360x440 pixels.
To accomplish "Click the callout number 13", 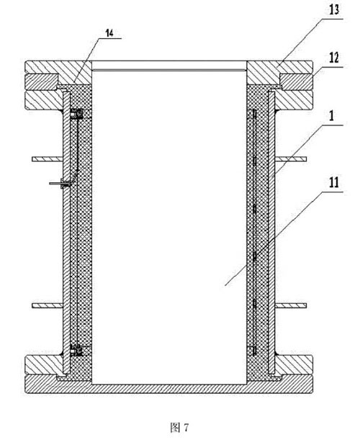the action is [334, 9].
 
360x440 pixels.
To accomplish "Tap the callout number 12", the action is [334, 58].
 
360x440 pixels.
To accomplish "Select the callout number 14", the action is [109, 33].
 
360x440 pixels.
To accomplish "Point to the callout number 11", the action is [334, 183].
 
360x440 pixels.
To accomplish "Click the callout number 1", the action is [331, 116].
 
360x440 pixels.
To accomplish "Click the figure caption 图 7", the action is [179, 428].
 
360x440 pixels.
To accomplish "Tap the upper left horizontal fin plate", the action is [47, 159].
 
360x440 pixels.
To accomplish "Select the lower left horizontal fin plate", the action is [47, 305].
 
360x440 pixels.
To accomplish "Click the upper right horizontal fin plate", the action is [291, 159].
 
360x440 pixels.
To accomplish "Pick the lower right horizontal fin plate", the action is [291, 305].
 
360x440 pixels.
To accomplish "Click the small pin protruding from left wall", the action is [60, 184].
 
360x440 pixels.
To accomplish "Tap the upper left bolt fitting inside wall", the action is [76, 114].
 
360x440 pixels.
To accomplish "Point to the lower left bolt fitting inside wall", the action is [76, 350].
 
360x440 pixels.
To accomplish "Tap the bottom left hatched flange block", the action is [43, 365].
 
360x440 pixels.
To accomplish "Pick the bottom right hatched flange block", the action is [293, 365].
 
